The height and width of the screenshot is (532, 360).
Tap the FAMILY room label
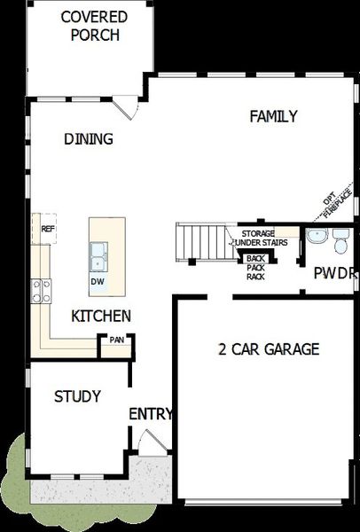(x=272, y=116)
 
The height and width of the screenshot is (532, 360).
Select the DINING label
(x=89, y=138)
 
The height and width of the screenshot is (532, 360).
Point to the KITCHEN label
(x=101, y=316)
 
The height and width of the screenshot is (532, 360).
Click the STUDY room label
(x=77, y=395)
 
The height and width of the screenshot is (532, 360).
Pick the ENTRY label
(x=151, y=414)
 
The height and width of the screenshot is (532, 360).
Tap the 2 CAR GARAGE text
(x=268, y=348)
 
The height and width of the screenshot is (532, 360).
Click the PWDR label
(x=335, y=273)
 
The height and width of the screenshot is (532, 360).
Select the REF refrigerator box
(x=48, y=229)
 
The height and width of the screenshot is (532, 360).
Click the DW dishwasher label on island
(x=98, y=282)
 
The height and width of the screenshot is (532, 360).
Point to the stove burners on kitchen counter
(x=42, y=291)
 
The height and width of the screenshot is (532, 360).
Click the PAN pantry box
(x=116, y=340)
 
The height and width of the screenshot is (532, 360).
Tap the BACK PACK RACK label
(x=255, y=267)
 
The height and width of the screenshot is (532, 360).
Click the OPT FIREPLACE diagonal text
(x=331, y=205)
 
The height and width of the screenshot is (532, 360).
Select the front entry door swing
(x=151, y=441)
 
